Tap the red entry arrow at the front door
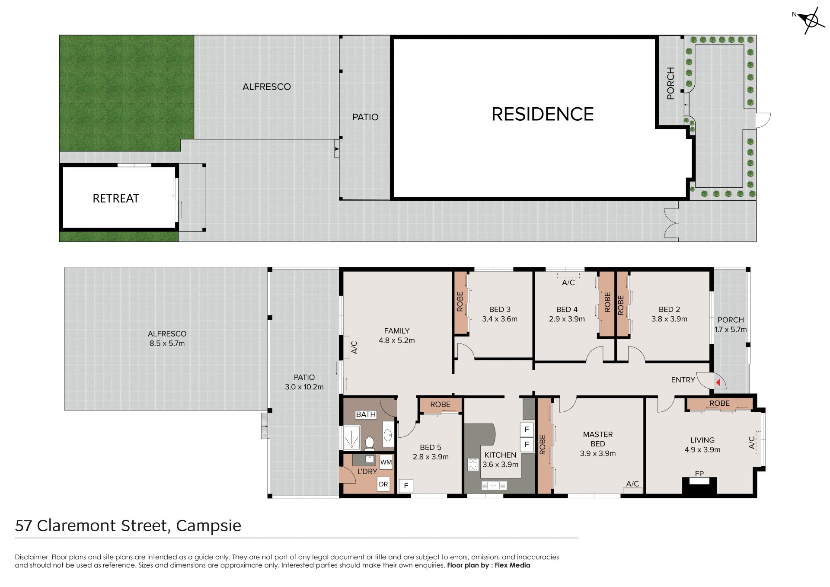pyautogui.click(x=718, y=382)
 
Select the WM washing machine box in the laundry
pyautogui.click(x=386, y=462)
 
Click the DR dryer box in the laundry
pyautogui.click(x=383, y=484)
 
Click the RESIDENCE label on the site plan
pyautogui.click(x=543, y=114)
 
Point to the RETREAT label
pyautogui.click(x=116, y=199)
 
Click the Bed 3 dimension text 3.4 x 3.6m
pyautogui.click(x=500, y=319)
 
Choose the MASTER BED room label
pyautogui.click(x=598, y=439)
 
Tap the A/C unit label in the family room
pyautogui.click(x=354, y=347)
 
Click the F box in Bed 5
pyautogui.click(x=406, y=486)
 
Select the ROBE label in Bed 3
pyautogui.click(x=460, y=302)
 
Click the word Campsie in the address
pyautogui.click(x=209, y=526)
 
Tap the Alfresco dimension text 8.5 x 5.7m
pyautogui.click(x=167, y=343)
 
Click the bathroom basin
pyautogui.click(x=388, y=434)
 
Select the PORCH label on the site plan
pyautogui.click(x=670, y=83)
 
